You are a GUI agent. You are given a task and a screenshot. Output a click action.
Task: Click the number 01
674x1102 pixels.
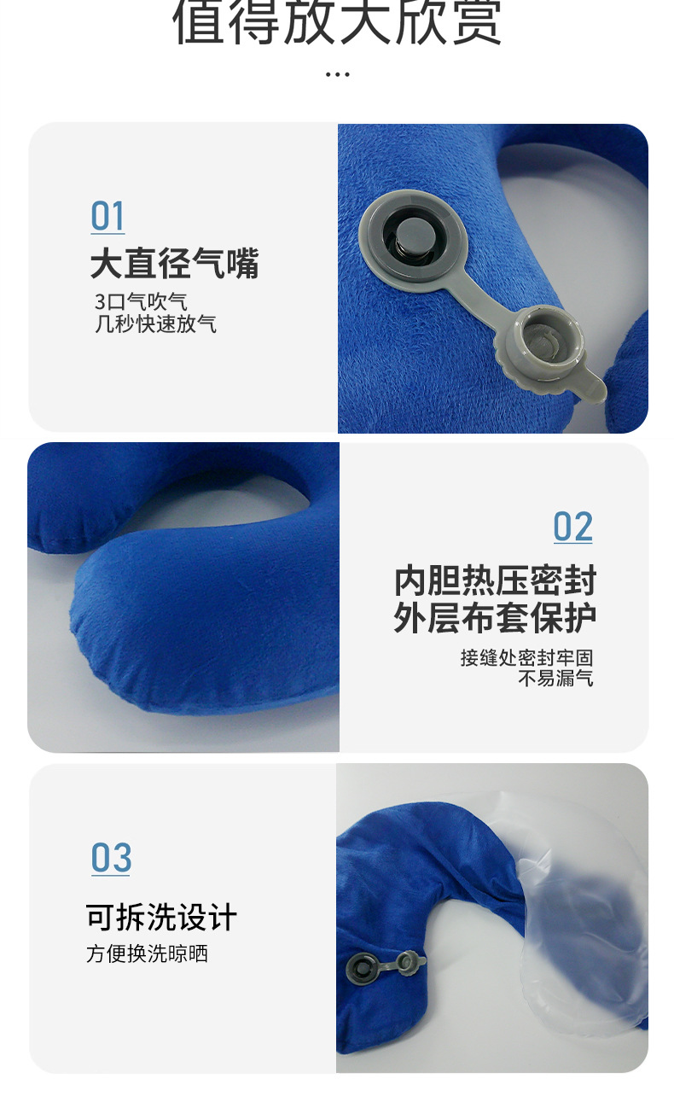(x=107, y=217)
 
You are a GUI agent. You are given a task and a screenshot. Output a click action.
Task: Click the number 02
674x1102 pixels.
(x=572, y=528)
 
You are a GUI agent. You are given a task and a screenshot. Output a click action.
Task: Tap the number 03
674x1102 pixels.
(x=111, y=858)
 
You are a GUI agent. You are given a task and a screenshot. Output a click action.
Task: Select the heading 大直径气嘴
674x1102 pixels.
(x=174, y=264)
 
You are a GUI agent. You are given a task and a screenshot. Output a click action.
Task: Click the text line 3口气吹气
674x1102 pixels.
(x=141, y=302)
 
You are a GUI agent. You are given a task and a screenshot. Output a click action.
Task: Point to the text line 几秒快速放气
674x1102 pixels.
(x=155, y=324)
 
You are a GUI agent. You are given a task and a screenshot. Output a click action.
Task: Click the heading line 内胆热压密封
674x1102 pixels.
(x=495, y=581)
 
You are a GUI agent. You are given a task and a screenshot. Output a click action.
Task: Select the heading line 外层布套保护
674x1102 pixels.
(x=495, y=618)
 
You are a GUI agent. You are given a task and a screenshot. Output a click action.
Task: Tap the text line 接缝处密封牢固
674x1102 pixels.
(x=526, y=658)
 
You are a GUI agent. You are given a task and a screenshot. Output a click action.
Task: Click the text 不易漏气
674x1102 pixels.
(x=555, y=679)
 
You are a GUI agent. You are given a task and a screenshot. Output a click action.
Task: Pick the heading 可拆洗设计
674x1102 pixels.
(x=161, y=918)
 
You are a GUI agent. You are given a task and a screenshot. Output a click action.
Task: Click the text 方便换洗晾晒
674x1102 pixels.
(x=147, y=953)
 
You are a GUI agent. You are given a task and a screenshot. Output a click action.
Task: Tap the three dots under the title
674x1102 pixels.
(x=337, y=74)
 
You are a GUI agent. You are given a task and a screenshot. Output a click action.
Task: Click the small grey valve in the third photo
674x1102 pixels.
(x=359, y=968)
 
